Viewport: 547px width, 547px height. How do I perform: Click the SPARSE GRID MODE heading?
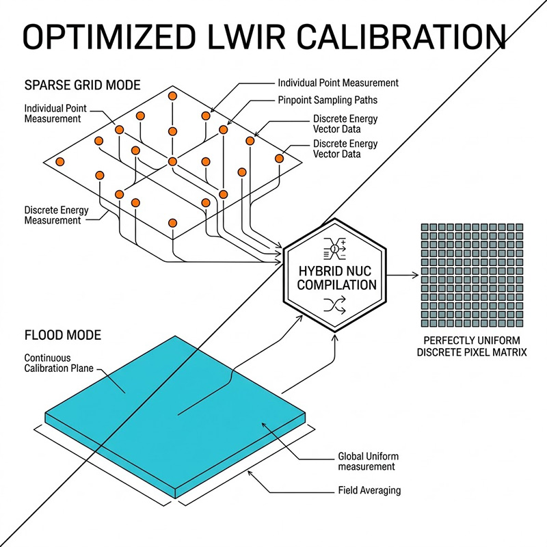pos(82,85)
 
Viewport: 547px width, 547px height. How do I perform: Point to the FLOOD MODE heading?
pos(62,336)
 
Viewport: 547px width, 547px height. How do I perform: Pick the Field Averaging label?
pos(370,490)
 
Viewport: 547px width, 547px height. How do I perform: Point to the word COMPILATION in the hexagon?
pos(335,284)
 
